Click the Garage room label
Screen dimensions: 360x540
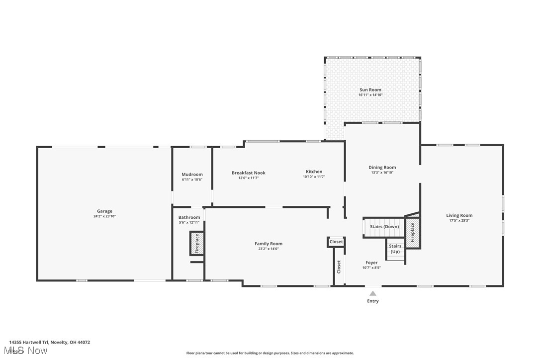pyautogui.click(x=104, y=211)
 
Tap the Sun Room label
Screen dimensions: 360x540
pyautogui.click(x=370, y=90)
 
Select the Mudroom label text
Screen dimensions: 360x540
pyautogui.click(x=192, y=175)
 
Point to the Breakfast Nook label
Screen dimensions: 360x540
pyautogui.click(x=249, y=173)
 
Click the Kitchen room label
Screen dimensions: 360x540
pyautogui.click(x=314, y=172)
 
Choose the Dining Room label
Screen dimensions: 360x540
pyautogui.click(x=382, y=168)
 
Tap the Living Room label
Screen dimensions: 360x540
pyautogui.click(x=459, y=215)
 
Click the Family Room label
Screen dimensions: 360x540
pyautogui.click(x=269, y=244)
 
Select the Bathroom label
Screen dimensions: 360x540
pyautogui.click(x=189, y=217)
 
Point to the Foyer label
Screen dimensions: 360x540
pyautogui.click(x=371, y=263)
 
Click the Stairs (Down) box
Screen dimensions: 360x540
pyautogui.click(x=384, y=227)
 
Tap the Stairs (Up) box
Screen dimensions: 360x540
pyautogui.click(x=395, y=249)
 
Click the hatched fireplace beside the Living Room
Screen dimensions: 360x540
pyautogui.click(x=412, y=232)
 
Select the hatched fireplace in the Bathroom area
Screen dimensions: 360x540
pyautogui.click(x=196, y=244)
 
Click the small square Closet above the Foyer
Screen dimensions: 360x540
pyautogui.click(x=336, y=242)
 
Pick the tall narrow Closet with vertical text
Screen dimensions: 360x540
pyautogui.click(x=339, y=267)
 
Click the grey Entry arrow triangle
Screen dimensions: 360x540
pyautogui.click(x=373, y=293)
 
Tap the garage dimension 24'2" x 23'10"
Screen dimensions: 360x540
pyautogui.click(x=104, y=217)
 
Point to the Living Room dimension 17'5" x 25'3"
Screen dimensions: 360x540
pyautogui.click(x=459, y=220)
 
